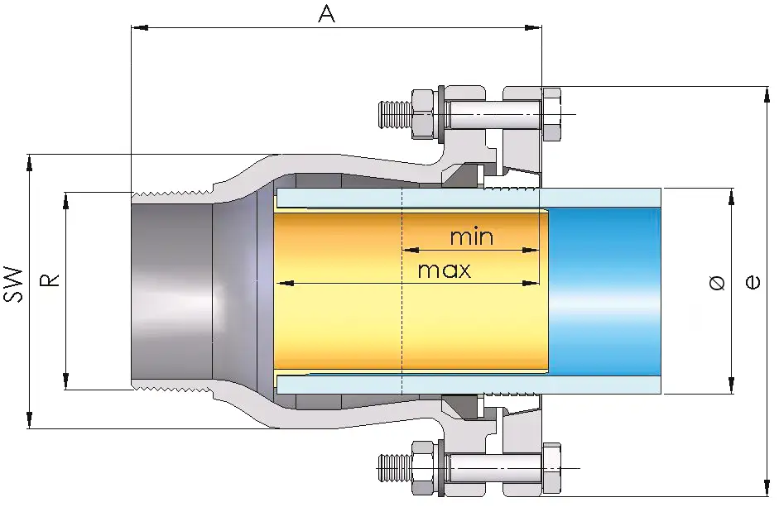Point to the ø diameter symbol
[x=717, y=283]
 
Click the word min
[x=471, y=237]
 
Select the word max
[x=444, y=270]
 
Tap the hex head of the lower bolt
[x=551, y=468]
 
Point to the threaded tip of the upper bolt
[x=392, y=112]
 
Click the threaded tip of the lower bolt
[x=392, y=468]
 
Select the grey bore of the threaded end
[x=170, y=289]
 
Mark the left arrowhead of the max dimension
[x=281, y=283]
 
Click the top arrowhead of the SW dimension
[x=31, y=160]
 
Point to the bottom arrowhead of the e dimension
[x=762, y=489]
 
